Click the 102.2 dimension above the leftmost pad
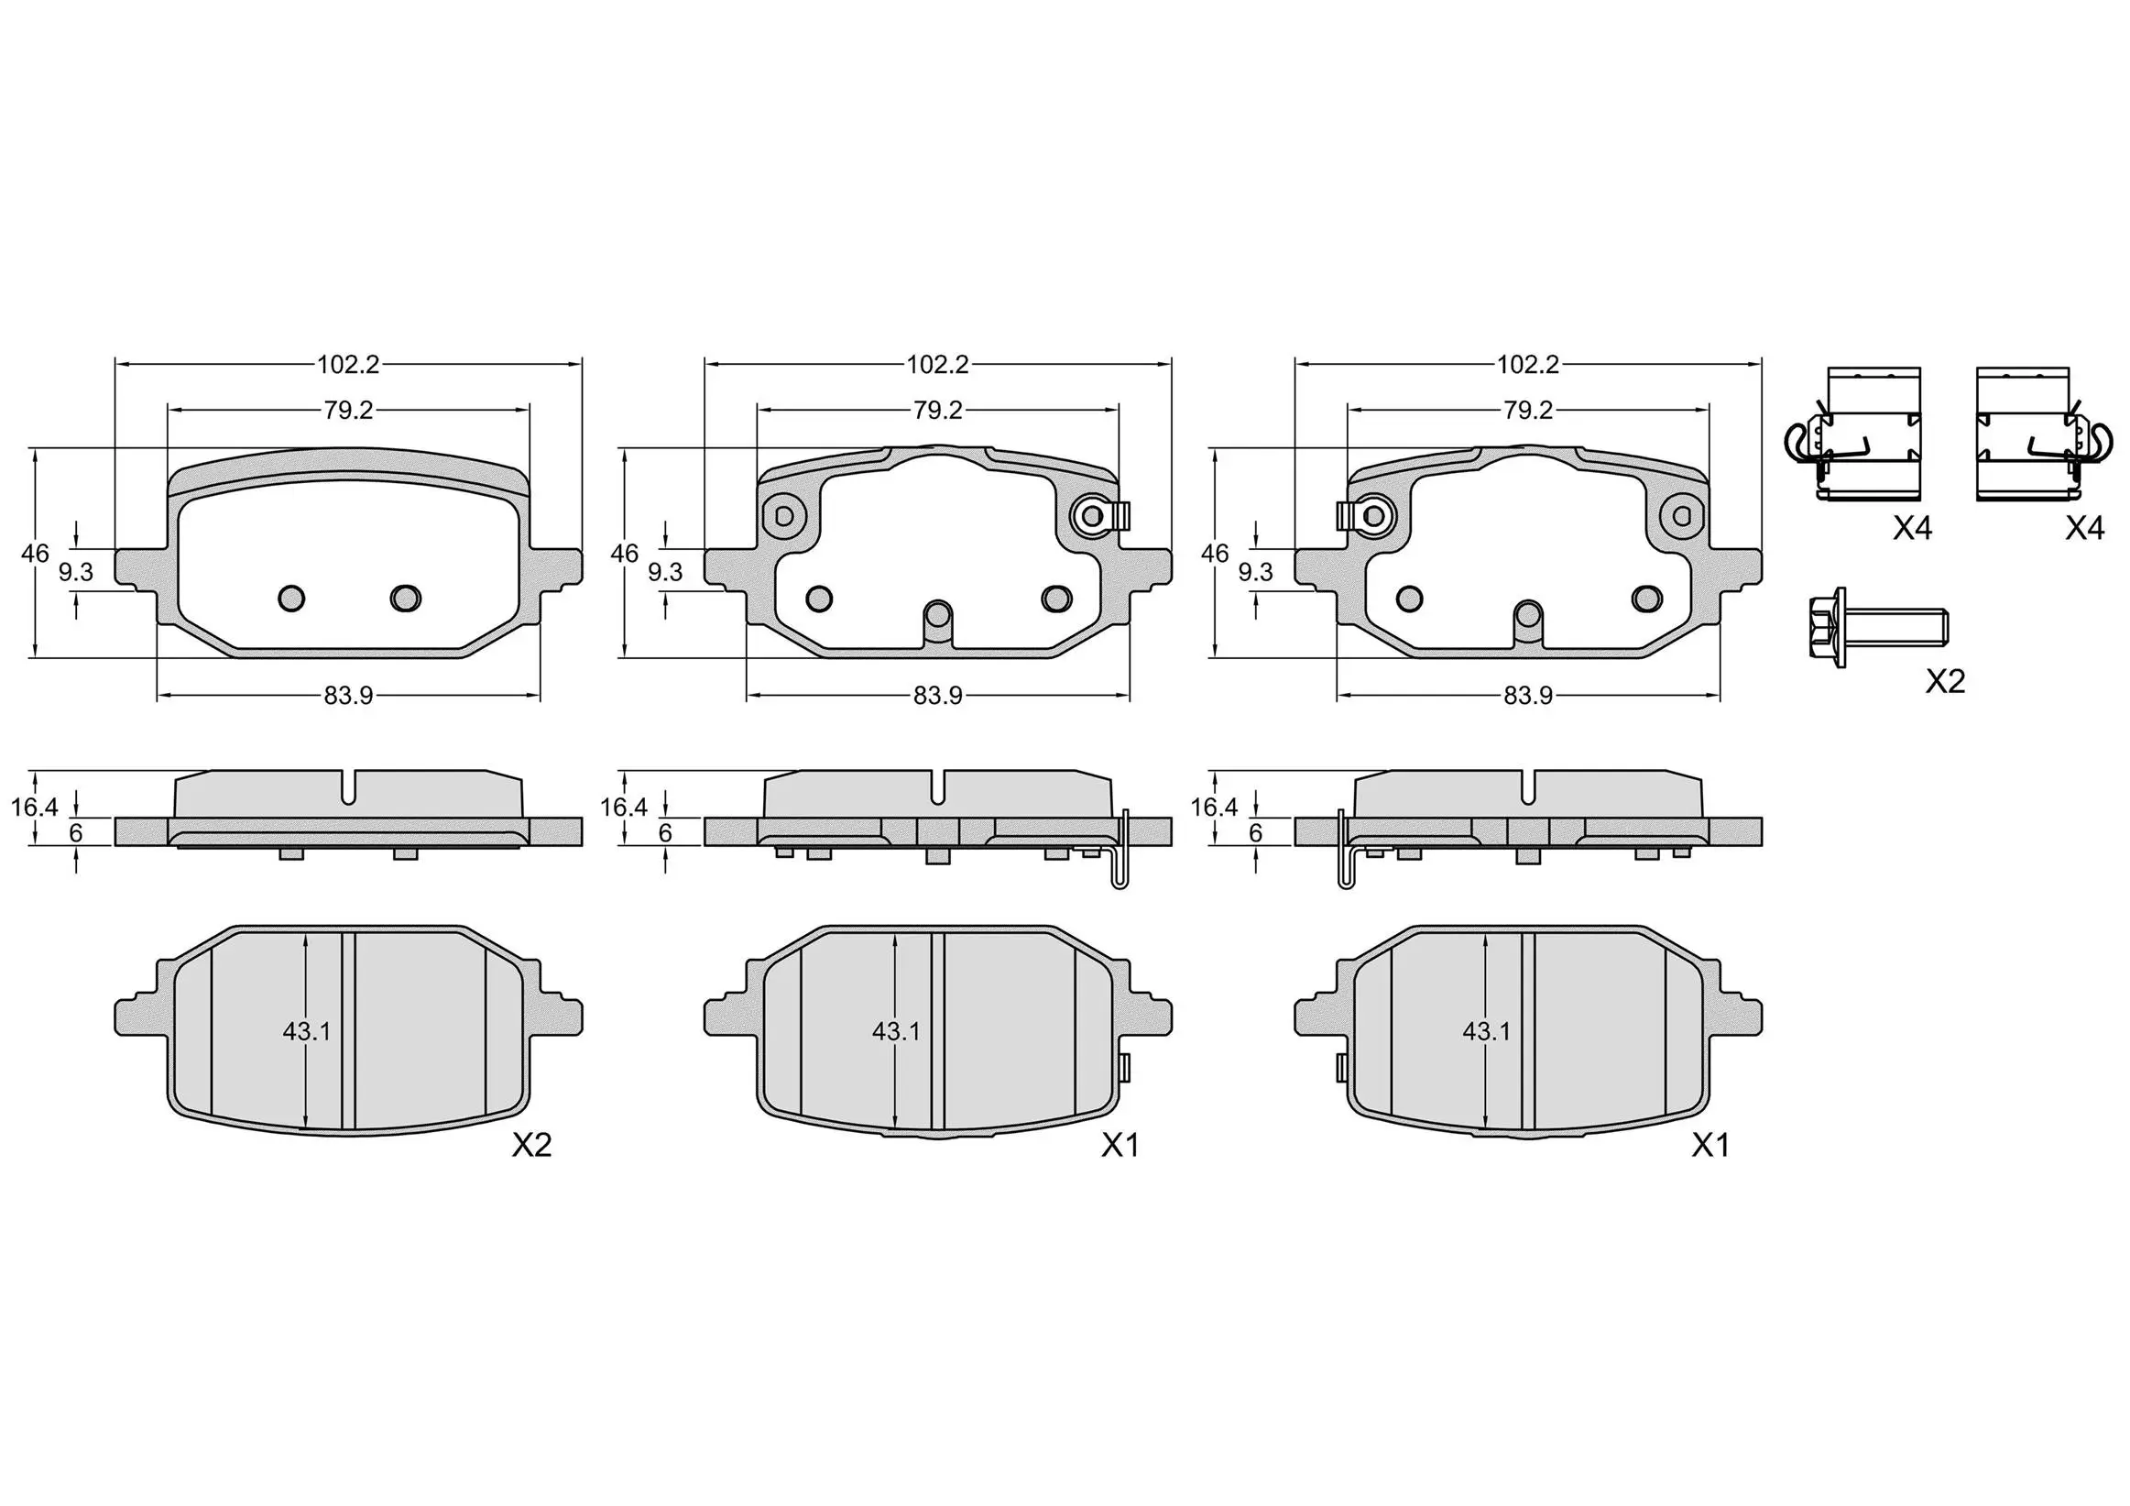[x=348, y=365]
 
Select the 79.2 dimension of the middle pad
[x=937, y=410]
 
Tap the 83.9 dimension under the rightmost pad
[x=1527, y=696]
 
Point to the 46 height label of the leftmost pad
[x=34, y=554]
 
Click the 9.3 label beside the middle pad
[x=664, y=573]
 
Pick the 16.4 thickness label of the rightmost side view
[x=1214, y=808]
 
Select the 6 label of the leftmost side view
[x=76, y=833]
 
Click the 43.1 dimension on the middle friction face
[x=895, y=1031]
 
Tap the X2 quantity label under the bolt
[x=1944, y=682]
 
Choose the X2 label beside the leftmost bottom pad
[x=531, y=1146]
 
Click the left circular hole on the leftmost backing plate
[x=291, y=598]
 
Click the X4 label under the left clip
[x=1912, y=529]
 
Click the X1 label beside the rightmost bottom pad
[x=1709, y=1146]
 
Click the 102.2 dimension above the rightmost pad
[x=1527, y=365]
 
